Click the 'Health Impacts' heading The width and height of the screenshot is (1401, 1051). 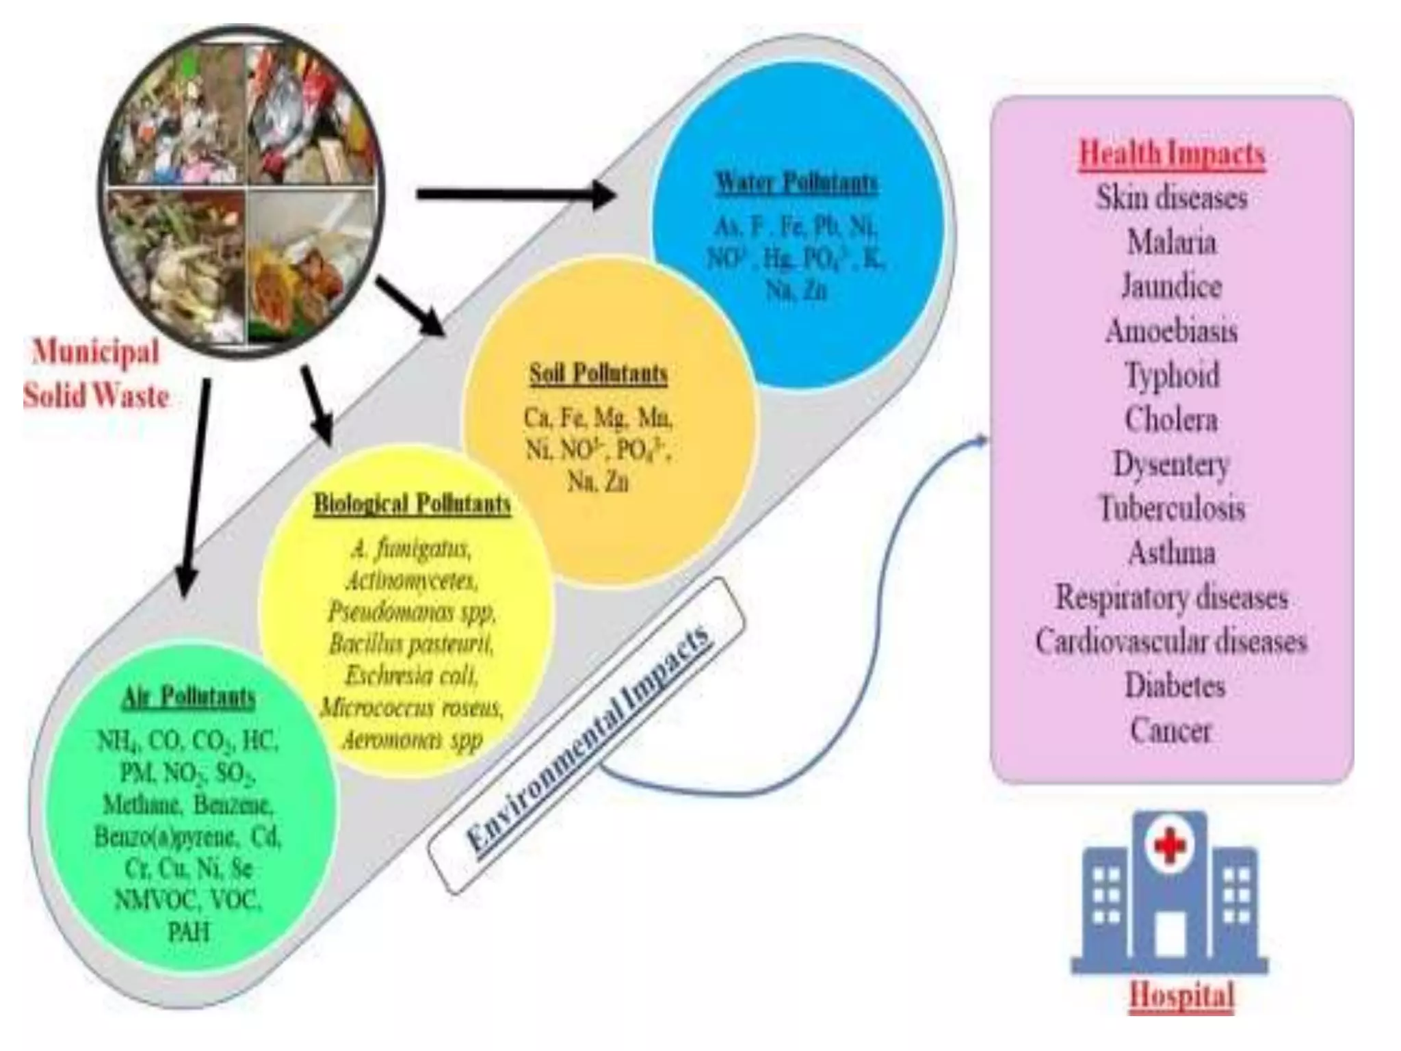click(1172, 153)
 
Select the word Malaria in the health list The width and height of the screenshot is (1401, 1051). click(1172, 242)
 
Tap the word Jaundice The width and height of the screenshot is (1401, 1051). click(1172, 286)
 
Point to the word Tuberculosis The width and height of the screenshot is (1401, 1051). click(1172, 508)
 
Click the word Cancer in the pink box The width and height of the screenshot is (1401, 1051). click(1170, 730)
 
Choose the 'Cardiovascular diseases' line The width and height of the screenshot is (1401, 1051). click(1171, 642)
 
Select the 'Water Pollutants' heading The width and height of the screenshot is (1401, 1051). click(796, 183)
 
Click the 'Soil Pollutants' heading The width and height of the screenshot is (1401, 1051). click(598, 374)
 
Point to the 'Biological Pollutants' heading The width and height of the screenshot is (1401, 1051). click(413, 504)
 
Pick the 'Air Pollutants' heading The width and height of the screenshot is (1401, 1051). click(189, 697)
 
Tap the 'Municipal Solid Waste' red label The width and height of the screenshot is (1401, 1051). click(96, 374)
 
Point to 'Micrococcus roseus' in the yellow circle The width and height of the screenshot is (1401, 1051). click(412, 708)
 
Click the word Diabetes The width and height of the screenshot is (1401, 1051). click(1175, 686)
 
